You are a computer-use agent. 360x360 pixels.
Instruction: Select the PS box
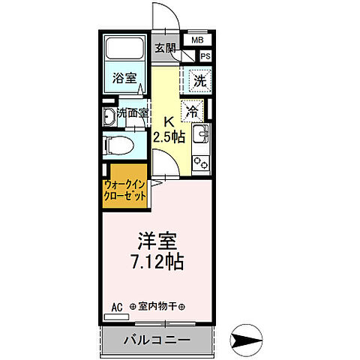click(x=205, y=55)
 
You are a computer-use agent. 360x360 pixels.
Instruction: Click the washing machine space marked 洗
click(x=199, y=78)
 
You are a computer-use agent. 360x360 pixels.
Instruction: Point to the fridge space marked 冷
click(x=193, y=110)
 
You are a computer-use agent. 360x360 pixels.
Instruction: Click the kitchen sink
click(x=201, y=136)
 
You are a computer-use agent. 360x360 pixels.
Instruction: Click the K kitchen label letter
click(x=169, y=119)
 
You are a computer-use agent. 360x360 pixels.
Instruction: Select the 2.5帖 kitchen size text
click(x=169, y=137)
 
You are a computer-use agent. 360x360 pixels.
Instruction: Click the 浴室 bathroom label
click(x=124, y=78)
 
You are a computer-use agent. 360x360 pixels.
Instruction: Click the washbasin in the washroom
click(x=109, y=115)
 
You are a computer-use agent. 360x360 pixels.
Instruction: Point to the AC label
click(x=116, y=307)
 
